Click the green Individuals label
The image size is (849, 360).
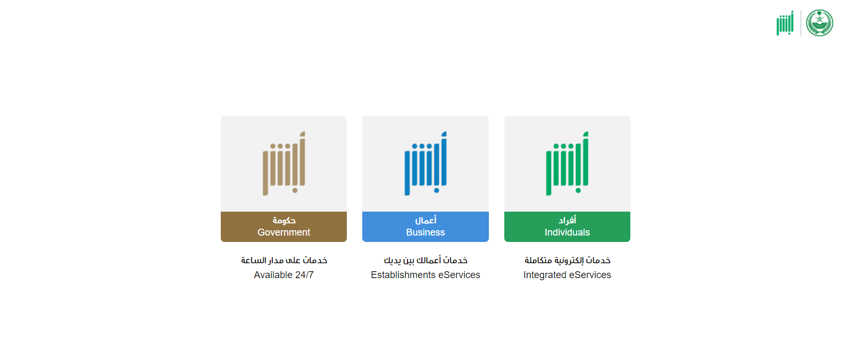567,227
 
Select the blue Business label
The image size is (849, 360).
425,227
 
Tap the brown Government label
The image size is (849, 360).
284,227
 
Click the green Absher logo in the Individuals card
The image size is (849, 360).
567,163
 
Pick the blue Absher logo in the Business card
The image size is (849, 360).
425,163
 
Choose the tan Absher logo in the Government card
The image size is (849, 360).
284,163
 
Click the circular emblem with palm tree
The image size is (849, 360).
819,23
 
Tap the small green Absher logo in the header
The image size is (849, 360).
785,23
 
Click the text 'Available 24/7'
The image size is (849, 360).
284,275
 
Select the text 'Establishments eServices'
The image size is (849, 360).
425,275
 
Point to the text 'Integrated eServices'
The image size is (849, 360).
567,275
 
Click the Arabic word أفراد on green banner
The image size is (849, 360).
567,220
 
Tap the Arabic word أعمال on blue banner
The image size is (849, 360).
426,220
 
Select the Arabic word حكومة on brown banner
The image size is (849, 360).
284,220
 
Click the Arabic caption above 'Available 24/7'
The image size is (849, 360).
284,261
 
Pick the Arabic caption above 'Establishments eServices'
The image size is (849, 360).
425,261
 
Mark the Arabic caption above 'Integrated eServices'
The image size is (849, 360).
568,261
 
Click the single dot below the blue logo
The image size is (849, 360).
437,190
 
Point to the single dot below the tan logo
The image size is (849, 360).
295,190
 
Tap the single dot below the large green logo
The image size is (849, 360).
578,190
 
